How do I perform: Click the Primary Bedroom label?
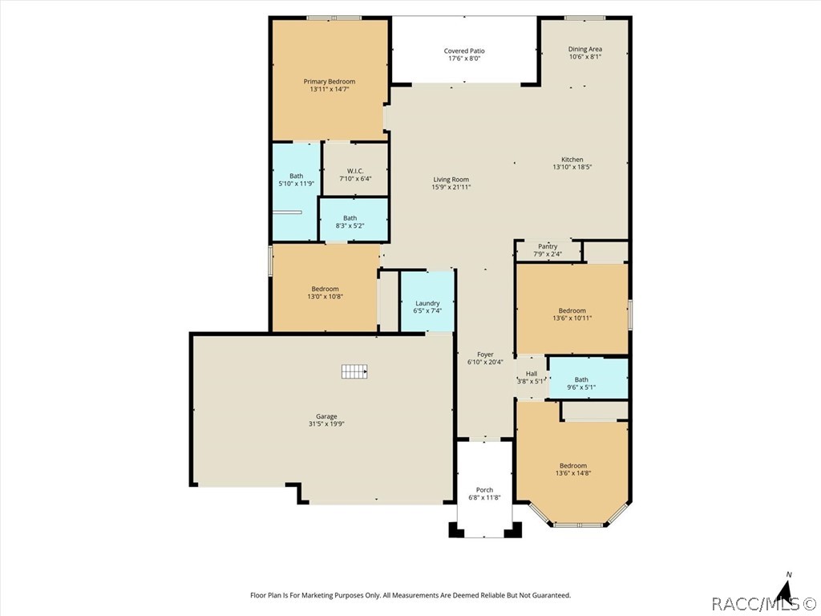[x=329, y=81]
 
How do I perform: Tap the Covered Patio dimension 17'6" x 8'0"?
[x=464, y=59]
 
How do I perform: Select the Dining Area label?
[x=585, y=49]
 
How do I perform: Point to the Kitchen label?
[x=572, y=160]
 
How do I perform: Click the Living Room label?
[x=451, y=180]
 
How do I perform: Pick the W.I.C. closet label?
[x=355, y=171]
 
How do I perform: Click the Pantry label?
[x=548, y=246]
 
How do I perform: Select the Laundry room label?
[x=427, y=303]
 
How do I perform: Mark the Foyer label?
[x=485, y=355]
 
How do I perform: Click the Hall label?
[x=531, y=374]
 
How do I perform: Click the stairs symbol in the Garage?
[x=354, y=371]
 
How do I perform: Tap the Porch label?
[x=484, y=490]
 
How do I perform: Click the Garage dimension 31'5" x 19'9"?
[x=326, y=424]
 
